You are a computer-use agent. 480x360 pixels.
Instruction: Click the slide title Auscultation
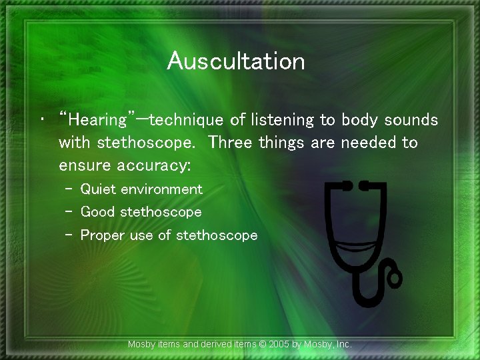click(236, 61)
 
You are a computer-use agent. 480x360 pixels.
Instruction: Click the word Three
click(231, 143)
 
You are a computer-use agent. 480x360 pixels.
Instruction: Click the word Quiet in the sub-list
click(98, 189)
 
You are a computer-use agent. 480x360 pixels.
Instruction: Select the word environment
click(161, 189)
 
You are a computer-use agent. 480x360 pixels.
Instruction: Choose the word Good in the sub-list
click(97, 212)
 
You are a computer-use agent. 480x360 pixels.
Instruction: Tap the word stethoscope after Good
click(160, 212)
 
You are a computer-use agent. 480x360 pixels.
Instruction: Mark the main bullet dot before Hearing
click(43, 121)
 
